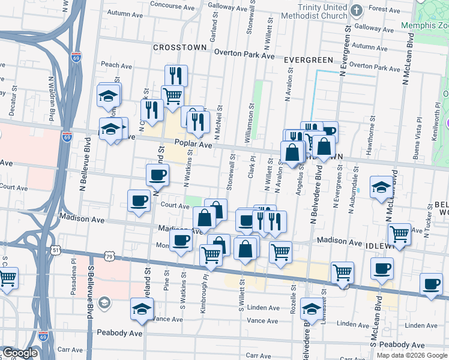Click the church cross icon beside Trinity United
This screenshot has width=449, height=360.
356,10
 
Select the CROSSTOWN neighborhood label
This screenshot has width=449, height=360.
179,47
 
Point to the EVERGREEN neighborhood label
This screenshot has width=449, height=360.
308,60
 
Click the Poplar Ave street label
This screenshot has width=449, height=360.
193,145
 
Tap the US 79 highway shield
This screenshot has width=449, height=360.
109,257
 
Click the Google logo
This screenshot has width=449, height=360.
19,353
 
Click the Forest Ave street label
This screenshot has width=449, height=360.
384,9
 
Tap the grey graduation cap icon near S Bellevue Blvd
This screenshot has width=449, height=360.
104,302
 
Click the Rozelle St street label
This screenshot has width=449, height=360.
294,298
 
